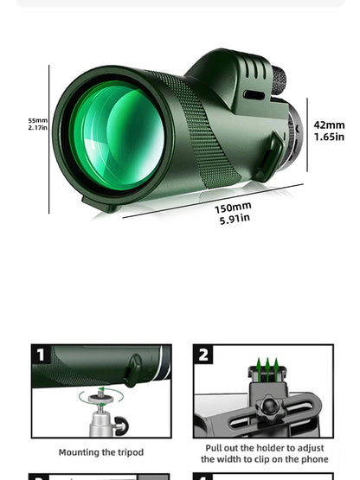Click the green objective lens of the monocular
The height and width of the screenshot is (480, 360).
[x=118, y=136]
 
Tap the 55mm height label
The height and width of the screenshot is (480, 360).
[x=37, y=120]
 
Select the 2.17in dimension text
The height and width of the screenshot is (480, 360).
[x=37, y=128]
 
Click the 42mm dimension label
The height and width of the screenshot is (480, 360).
[x=329, y=125]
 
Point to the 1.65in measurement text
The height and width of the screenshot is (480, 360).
[x=329, y=137]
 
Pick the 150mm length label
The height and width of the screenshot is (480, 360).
[x=233, y=207]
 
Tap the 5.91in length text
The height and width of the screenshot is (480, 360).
[x=233, y=219]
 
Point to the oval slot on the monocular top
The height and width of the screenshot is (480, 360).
[x=254, y=94]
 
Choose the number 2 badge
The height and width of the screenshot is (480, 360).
[x=204, y=355]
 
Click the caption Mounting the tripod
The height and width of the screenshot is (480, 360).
[x=101, y=451]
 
